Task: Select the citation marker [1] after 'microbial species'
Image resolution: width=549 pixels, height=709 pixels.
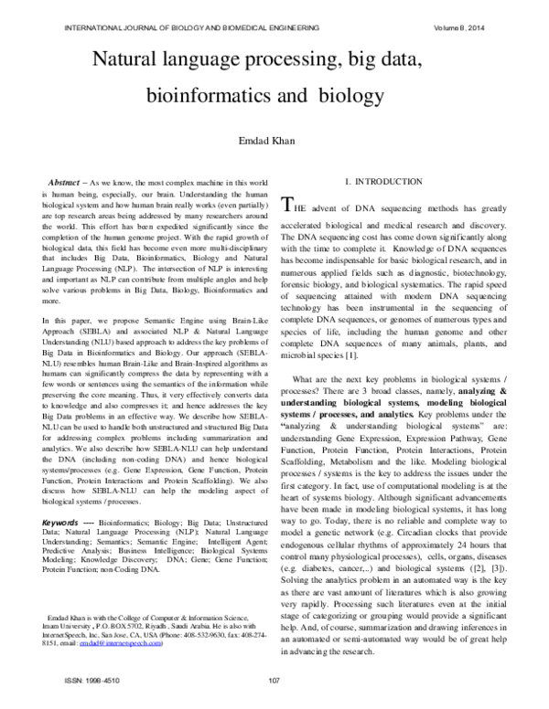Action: click(x=351, y=354)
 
